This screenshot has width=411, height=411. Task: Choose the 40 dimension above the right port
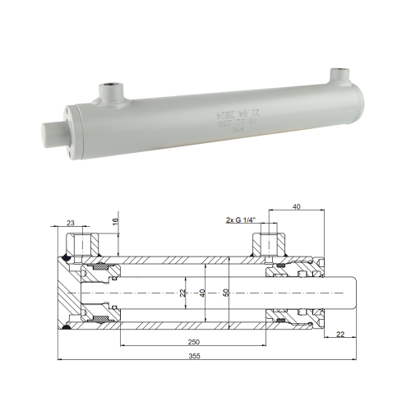click(296, 207)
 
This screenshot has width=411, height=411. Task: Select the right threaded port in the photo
click(340, 76)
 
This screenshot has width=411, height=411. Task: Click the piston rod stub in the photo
click(53, 131)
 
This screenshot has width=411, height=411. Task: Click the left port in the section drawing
click(85, 242)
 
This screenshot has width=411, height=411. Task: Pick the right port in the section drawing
click(269, 242)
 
